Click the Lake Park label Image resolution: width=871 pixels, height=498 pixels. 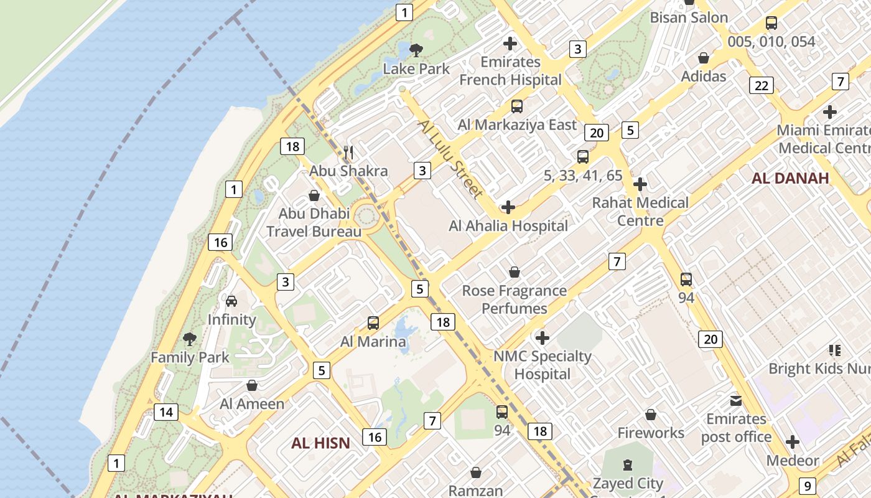(x=416, y=68)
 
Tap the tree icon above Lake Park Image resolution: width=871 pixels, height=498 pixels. (x=416, y=50)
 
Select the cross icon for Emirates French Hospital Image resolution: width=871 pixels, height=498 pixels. (x=510, y=44)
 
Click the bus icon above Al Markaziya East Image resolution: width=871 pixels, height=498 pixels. (x=517, y=106)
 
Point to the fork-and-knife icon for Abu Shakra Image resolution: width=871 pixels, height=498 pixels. (x=349, y=152)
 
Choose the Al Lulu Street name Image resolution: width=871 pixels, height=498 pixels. (x=450, y=159)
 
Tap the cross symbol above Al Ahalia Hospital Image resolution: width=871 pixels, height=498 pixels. (x=508, y=207)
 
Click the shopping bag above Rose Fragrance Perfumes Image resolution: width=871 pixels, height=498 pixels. (x=515, y=272)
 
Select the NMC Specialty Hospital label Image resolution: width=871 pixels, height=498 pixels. (x=543, y=365)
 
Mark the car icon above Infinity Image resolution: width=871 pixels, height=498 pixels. (x=231, y=301)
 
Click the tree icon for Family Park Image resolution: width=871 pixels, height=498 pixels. (x=190, y=339)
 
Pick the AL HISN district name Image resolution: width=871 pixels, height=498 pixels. (x=320, y=443)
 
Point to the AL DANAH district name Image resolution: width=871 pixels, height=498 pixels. (x=790, y=178)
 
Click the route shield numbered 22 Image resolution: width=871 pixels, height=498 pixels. (x=762, y=85)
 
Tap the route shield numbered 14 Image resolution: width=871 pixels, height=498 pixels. (x=166, y=411)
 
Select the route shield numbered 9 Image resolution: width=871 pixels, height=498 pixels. (x=807, y=486)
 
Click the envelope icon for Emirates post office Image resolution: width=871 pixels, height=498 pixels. (x=736, y=400)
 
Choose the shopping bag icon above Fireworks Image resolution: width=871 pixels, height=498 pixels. (x=651, y=415)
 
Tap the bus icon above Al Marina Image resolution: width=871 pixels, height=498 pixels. (x=373, y=323)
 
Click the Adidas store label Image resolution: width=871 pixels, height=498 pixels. (x=704, y=76)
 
